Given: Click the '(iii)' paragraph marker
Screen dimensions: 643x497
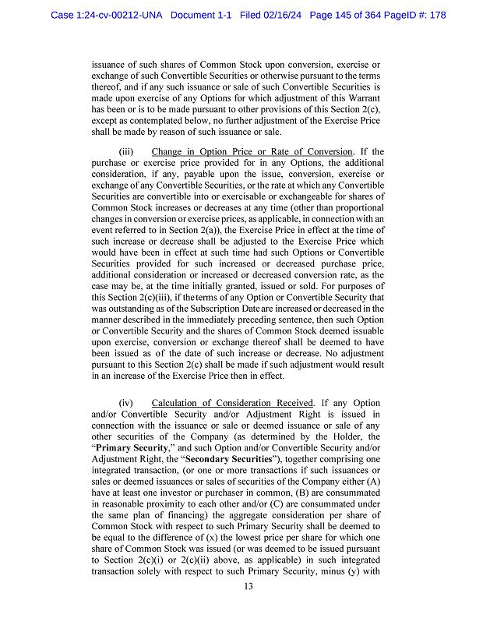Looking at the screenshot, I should (x=127, y=151).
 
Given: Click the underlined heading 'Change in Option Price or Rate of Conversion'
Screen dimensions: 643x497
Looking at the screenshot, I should (x=252, y=151).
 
